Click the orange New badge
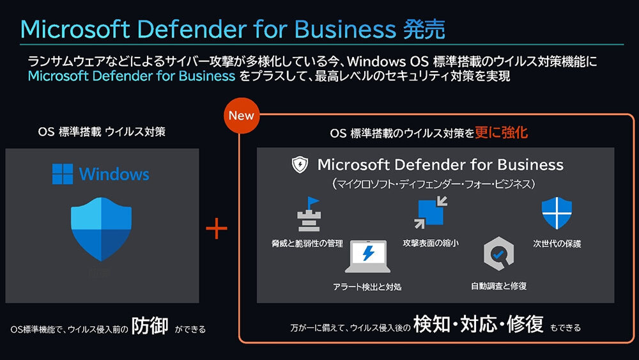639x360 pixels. pos(241,116)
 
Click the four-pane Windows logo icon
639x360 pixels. pos(62,173)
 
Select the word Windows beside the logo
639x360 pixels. pos(114,173)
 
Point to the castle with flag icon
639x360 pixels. pos(308,215)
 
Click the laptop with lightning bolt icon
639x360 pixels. pos(367,257)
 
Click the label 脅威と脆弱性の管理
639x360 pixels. pos(307,244)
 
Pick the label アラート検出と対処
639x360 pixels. pos(367,286)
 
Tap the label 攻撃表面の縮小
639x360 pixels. pos(431,244)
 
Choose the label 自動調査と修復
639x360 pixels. pos(499,286)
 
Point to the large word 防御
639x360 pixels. pos(150,325)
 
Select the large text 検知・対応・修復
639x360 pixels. pos(478,325)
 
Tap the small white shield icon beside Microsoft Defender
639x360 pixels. pos(299,165)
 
